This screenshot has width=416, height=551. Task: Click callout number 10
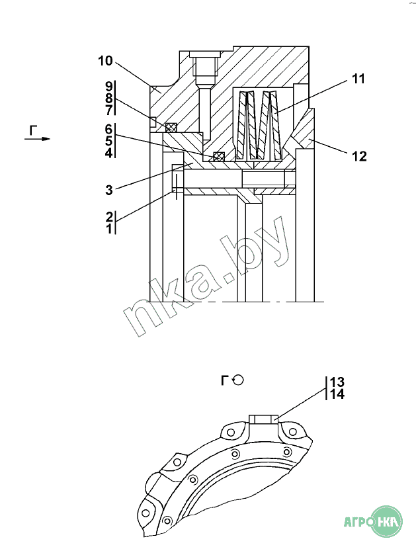[105, 61]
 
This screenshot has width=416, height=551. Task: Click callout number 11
[358, 79]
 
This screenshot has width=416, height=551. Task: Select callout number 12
[359, 156]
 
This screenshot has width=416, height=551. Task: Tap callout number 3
[109, 190]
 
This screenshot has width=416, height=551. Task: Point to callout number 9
[109, 87]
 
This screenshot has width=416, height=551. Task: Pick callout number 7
[109, 110]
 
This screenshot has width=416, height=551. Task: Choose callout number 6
[109, 129]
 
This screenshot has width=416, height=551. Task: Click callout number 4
[109, 153]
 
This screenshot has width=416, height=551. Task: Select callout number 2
[109, 216]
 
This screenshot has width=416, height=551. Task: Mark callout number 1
[109, 228]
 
